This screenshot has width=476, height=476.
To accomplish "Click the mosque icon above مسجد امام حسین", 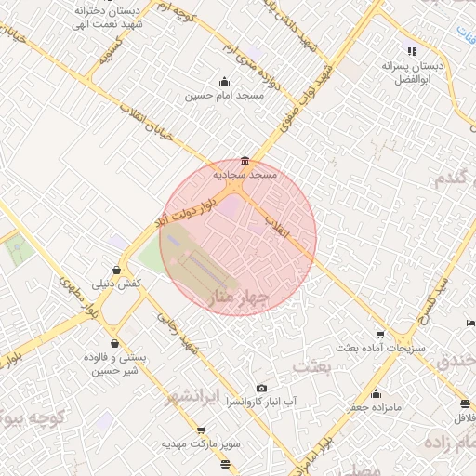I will pyautogui.click(x=223, y=81).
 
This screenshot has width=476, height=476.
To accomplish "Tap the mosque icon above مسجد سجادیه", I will pyautogui.click(x=245, y=160).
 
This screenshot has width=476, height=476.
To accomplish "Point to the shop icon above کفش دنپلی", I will pyautogui.click(x=115, y=270).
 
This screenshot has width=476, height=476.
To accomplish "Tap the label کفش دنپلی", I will pyautogui.click(x=115, y=283).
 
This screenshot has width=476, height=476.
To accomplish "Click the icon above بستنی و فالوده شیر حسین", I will pyautogui.click(x=114, y=343).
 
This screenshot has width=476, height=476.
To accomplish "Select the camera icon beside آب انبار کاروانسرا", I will pyautogui.click(x=261, y=388).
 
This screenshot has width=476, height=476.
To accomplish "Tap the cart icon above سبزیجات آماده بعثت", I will pyautogui.click(x=379, y=335).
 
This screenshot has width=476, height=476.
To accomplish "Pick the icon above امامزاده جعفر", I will pyautogui.click(x=375, y=393).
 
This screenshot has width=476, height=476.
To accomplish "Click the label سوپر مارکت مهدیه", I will pyautogui.click(x=202, y=444).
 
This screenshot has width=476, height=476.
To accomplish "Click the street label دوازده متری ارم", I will pyautogui.click(x=245, y=64).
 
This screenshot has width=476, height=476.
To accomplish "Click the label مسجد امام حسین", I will pyautogui.click(x=224, y=95).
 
